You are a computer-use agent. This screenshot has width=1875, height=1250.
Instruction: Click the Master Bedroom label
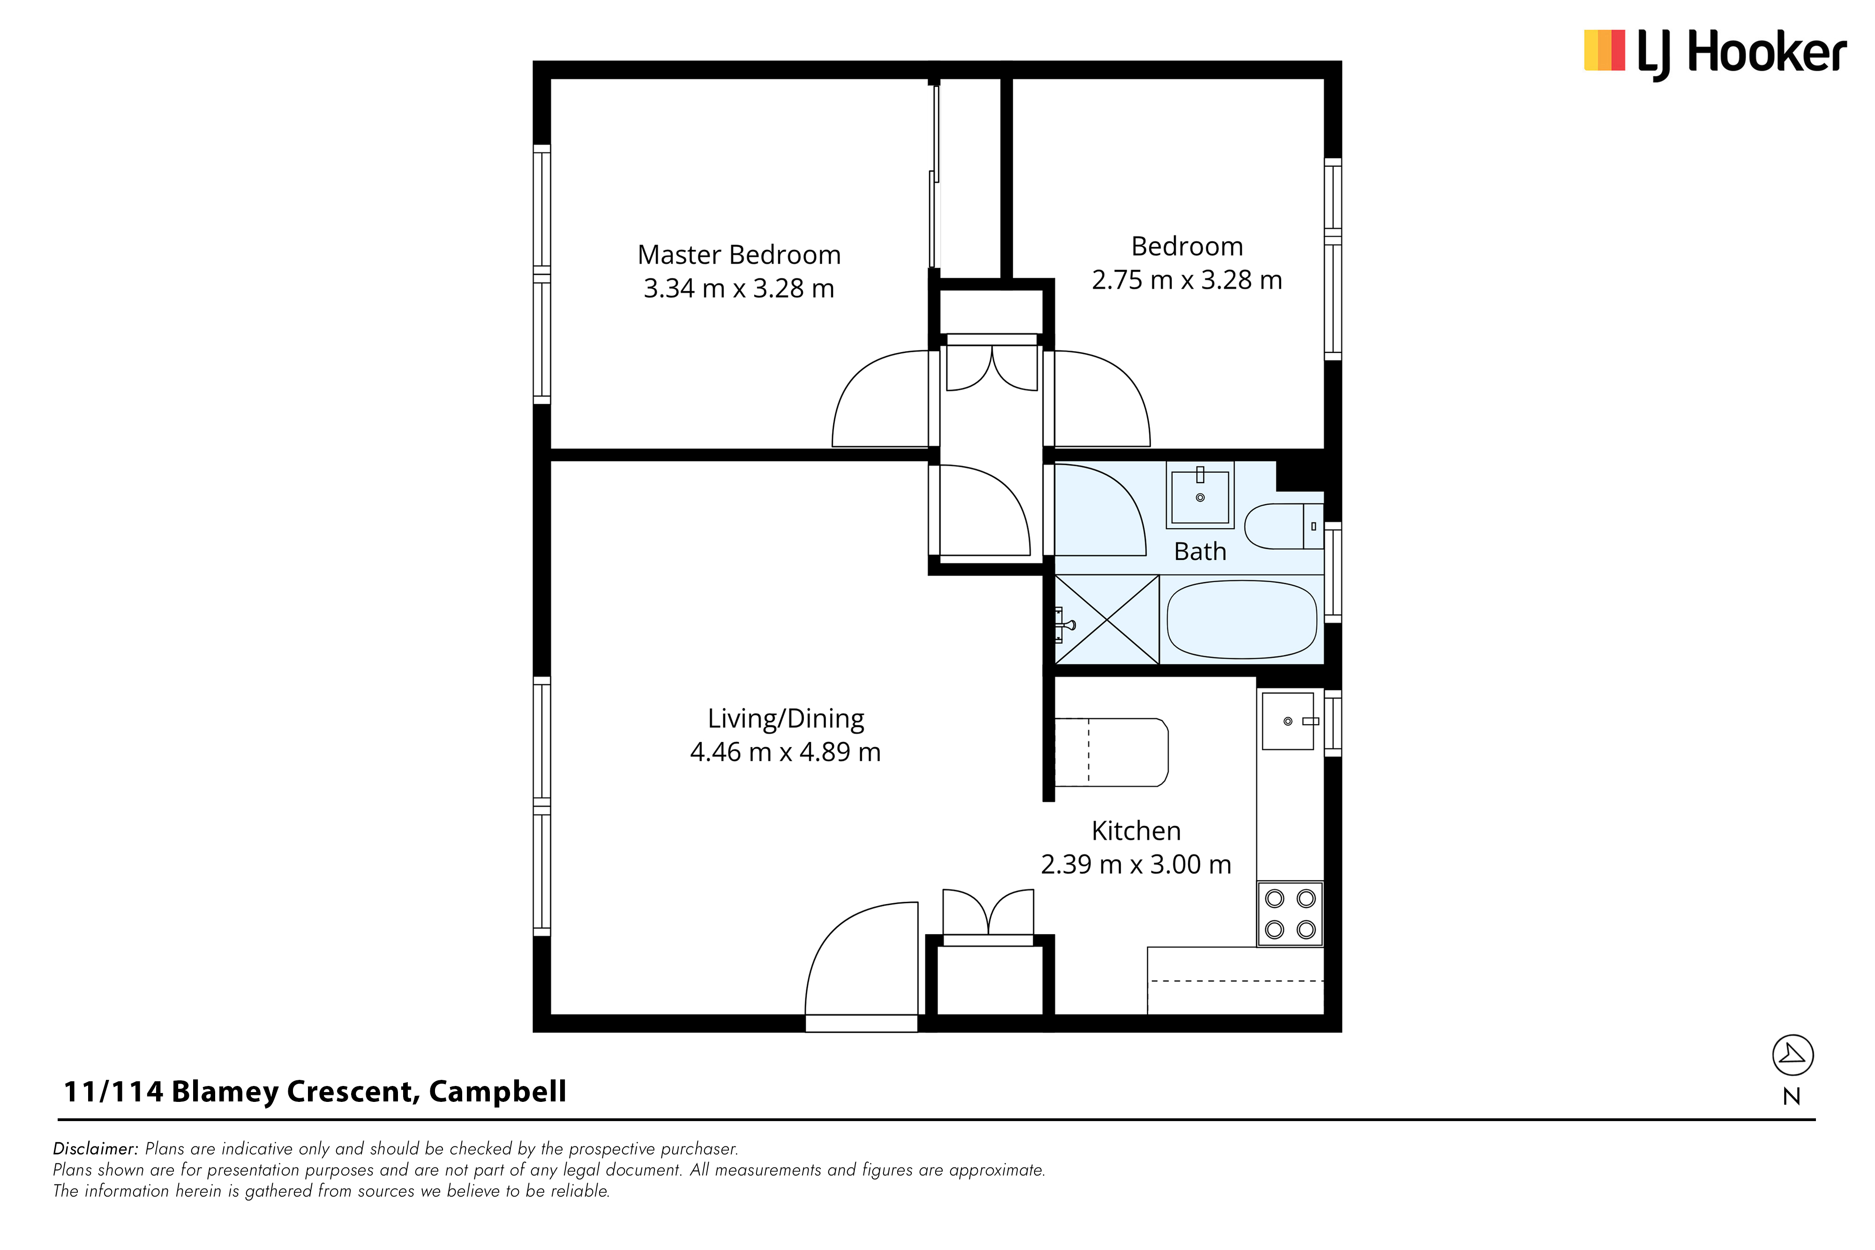coord(739,255)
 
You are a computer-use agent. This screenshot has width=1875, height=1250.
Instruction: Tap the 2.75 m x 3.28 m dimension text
coord(1187,280)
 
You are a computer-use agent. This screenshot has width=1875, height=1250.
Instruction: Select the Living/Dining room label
coord(786,719)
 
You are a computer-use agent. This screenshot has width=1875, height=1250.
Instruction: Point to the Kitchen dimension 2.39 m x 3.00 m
coord(1136,864)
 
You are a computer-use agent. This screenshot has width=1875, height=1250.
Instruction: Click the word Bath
coord(1200,552)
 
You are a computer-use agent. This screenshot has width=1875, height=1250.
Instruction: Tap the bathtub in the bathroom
coord(1241,620)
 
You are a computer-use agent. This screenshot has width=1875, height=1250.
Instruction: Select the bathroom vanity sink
coord(1200,495)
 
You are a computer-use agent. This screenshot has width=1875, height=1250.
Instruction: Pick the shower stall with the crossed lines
coord(1107,620)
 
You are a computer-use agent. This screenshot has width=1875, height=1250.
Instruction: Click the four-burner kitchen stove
coord(1290,913)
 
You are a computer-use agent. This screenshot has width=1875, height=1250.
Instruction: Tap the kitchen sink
coord(1288,721)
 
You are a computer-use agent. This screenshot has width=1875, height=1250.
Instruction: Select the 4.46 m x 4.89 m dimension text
coord(785,752)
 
